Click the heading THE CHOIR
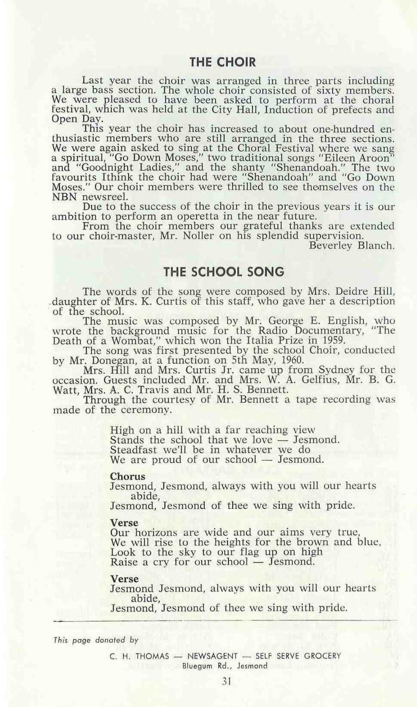[222, 62]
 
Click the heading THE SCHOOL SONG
[223, 272]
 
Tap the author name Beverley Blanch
[351, 246]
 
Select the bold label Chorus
[127, 476]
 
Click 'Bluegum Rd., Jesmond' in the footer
[225, 666]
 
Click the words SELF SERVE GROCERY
[298, 656]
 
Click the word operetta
[198, 216]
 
